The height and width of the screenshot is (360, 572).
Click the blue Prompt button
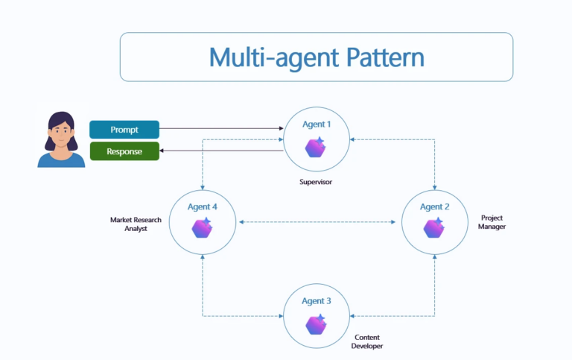point(124,130)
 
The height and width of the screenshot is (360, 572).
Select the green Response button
point(124,151)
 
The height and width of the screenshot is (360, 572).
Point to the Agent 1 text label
point(317,124)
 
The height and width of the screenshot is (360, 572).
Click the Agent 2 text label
point(434,206)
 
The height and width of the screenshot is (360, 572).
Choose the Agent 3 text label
point(317,301)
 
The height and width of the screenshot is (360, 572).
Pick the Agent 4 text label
point(202,206)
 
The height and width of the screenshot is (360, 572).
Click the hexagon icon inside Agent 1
point(316,147)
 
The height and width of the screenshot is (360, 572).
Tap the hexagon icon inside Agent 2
point(434,228)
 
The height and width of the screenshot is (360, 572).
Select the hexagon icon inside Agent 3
point(317,324)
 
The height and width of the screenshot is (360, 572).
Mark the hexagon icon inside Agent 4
point(202,228)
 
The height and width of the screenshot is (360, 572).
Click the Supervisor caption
point(317,181)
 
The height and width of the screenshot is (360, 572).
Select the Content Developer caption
point(367,341)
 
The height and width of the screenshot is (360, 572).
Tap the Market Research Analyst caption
point(136,224)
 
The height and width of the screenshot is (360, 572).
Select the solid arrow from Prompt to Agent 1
point(221,129)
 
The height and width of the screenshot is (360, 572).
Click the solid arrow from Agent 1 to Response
point(221,151)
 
